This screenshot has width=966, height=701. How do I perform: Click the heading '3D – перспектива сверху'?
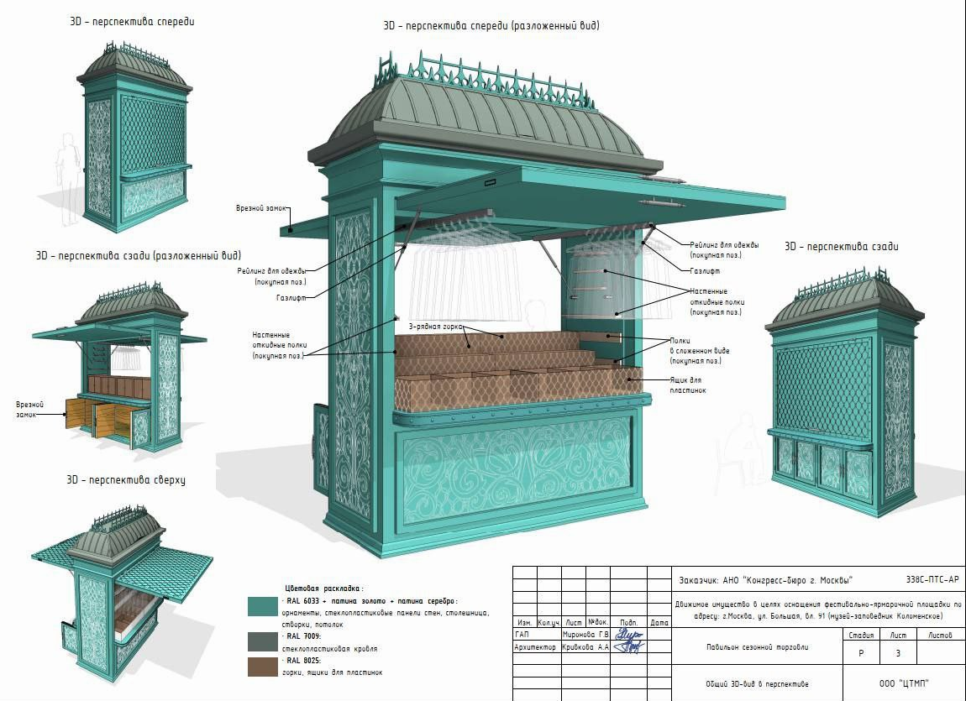(126, 480)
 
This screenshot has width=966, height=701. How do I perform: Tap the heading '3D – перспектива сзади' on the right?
(841, 246)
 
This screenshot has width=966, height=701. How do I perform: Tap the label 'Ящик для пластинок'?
(688, 385)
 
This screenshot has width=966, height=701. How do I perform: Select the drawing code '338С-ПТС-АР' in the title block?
(932, 580)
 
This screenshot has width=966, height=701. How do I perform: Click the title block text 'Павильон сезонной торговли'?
(745, 646)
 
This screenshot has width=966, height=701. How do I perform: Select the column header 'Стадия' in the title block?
(861, 636)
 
